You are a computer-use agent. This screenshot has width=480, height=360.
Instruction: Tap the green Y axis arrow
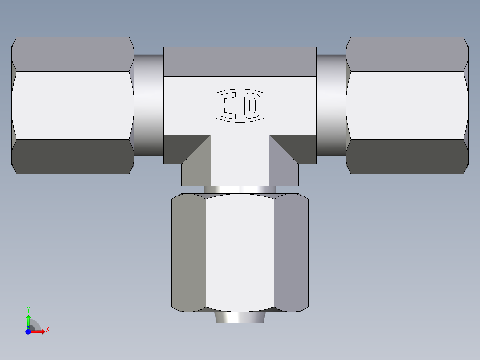[28, 319]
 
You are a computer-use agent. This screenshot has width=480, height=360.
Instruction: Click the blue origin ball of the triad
[28, 331]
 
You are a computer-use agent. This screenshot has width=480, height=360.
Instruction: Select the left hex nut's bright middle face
[73, 105]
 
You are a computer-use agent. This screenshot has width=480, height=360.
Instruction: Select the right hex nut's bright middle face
[407, 105]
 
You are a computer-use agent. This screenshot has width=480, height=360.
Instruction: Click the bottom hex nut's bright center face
[240, 252]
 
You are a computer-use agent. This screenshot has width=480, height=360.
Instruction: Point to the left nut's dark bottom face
[73, 156]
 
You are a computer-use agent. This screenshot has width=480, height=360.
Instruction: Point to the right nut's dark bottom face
[407, 156]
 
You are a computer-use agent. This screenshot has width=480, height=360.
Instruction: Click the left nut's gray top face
[73, 54]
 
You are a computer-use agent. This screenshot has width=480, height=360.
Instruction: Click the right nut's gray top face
[407, 54]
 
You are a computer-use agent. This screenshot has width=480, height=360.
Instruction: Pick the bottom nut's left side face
[189, 252]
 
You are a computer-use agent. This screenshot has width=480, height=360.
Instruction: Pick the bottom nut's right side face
[291, 252]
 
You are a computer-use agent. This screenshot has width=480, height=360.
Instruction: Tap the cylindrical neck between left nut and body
[149, 105]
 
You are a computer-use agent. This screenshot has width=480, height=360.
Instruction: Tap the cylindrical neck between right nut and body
[331, 105]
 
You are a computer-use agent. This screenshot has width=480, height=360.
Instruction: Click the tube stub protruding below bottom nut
[240, 317]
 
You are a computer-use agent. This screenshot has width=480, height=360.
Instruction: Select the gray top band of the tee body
[240, 61]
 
